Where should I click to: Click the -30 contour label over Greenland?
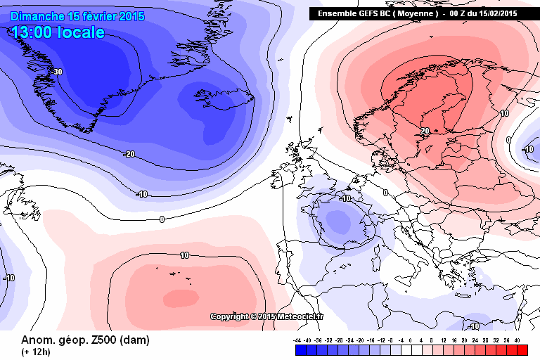click(58, 72)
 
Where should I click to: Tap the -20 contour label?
click(129, 154)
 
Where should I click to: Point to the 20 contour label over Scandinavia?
click(425, 130)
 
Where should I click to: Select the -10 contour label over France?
click(345, 198)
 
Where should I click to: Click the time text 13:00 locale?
click(58, 32)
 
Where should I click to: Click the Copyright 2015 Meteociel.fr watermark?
click(267, 316)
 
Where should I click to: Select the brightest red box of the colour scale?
click(522, 349)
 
